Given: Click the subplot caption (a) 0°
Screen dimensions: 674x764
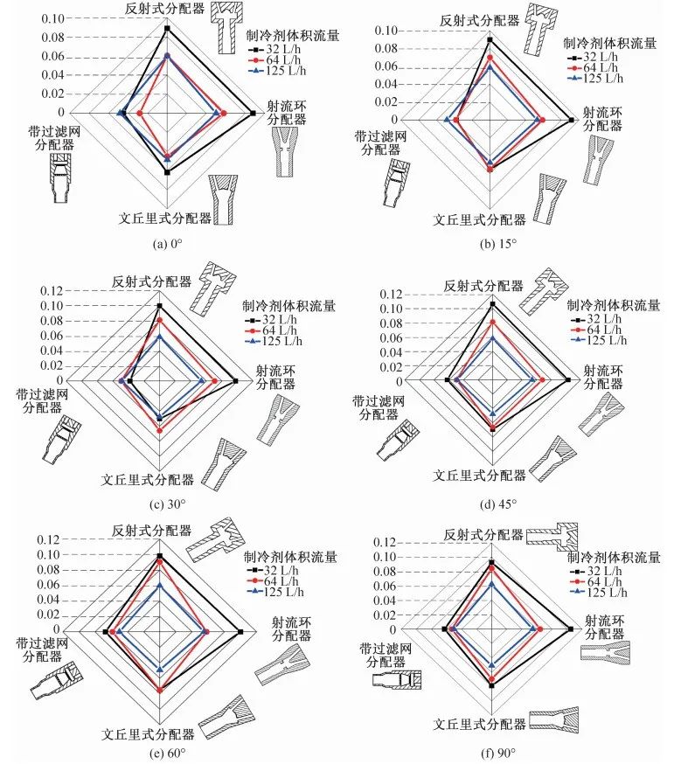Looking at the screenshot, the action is (x=166, y=245).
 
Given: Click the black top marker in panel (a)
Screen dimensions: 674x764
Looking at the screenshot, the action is (x=167, y=29).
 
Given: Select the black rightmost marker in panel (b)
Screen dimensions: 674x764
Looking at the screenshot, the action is (x=572, y=120).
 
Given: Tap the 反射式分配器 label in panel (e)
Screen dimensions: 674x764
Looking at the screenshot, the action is (x=147, y=531).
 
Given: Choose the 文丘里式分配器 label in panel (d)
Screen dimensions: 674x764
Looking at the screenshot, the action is (x=480, y=475).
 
